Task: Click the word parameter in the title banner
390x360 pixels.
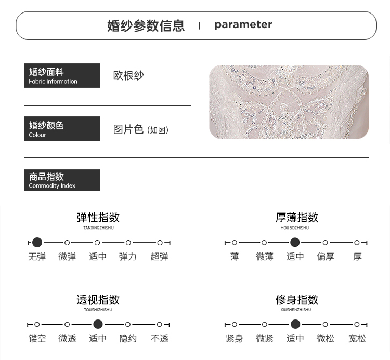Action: [243, 25]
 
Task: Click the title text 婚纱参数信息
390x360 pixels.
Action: [146, 25]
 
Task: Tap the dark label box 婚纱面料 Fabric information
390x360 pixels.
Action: [62, 75]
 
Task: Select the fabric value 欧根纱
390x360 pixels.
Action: [128, 75]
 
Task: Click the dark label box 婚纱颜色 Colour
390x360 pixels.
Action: [62, 129]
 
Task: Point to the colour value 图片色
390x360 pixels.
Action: [128, 129]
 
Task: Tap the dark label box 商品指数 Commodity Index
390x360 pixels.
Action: [62, 180]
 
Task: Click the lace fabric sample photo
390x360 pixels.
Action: [289, 102]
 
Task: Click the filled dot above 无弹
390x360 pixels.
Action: [37, 243]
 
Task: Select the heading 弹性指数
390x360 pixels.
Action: [98, 217]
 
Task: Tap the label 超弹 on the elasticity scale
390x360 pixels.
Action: [159, 257]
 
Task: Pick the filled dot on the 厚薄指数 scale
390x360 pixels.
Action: [295, 243]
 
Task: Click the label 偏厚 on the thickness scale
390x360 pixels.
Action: [326, 257]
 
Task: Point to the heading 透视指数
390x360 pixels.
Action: [98, 300]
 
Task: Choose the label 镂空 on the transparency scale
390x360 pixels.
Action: [37, 339]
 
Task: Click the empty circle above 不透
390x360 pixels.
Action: [160, 325]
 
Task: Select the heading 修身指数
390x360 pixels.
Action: [296, 300]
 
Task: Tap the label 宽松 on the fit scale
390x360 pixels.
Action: [357, 339]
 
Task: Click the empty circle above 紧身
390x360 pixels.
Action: [235, 325]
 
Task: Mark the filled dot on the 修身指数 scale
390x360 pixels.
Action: [295, 325]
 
